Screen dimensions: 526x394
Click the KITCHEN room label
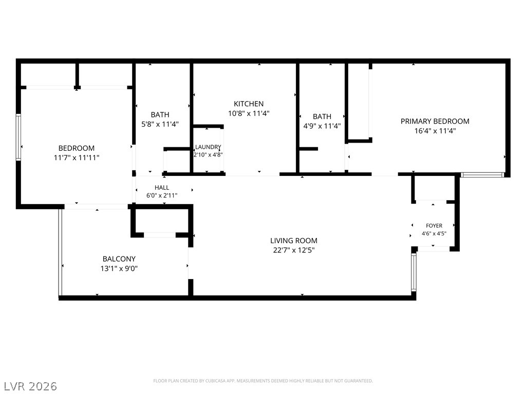click(249, 104)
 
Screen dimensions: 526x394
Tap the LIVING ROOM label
click(294, 241)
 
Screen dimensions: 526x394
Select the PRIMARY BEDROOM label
click(435, 121)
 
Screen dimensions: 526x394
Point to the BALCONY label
click(119, 259)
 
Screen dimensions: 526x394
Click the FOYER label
click(434, 226)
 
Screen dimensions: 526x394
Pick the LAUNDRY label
click(208, 147)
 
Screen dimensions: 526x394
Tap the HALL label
click(162, 188)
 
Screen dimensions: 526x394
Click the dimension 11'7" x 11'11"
click(77, 158)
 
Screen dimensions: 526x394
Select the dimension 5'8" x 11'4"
click(160, 124)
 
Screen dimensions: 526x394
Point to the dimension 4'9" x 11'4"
click(322, 126)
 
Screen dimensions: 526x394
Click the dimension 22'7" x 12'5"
click(294, 250)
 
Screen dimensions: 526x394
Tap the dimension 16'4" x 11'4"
click(435, 131)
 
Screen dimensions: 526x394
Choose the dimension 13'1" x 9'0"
click(119, 269)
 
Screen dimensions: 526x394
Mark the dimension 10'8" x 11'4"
click(249, 113)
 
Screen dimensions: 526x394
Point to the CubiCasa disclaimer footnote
click(263, 381)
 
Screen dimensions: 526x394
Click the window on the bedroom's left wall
click(18, 137)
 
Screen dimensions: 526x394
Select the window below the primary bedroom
click(482, 175)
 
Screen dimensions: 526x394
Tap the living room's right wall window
click(414, 272)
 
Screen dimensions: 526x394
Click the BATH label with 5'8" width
click(160, 114)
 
